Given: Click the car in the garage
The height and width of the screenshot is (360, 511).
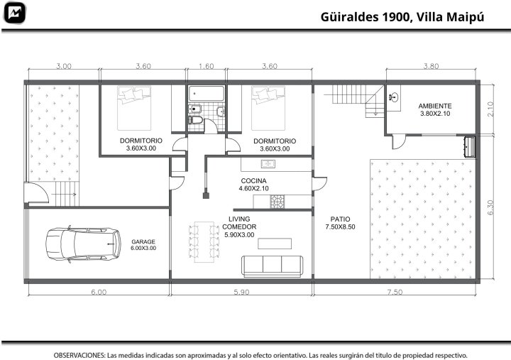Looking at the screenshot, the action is [83, 244].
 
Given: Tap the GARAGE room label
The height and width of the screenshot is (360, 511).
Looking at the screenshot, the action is [143, 241].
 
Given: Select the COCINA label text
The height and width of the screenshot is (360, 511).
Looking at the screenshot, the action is [253, 180].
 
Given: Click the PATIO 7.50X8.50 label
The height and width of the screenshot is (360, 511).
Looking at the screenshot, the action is [340, 223].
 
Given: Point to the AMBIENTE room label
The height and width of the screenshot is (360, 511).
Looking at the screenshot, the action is [435, 106].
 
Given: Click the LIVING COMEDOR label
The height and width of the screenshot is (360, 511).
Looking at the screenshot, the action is [239, 223].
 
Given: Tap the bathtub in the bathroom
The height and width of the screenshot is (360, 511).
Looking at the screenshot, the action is [207, 93].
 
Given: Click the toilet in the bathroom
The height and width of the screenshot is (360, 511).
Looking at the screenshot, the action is [196, 120].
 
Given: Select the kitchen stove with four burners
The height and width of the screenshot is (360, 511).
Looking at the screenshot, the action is [278, 202].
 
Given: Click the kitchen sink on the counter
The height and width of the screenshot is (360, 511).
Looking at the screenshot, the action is [268, 164].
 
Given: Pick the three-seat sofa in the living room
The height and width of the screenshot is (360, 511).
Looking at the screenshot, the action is [272, 266].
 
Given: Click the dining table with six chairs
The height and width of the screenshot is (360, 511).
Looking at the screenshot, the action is [204, 241].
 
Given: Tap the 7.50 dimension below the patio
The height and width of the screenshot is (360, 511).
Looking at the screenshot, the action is [395, 292].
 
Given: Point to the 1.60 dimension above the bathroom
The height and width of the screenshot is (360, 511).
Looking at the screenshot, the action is [207, 66].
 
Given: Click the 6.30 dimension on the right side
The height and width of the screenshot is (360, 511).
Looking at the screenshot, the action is [491, 207].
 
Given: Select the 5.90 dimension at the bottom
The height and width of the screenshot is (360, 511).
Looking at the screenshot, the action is [241, 292].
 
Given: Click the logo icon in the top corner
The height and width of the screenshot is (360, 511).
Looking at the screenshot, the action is [14, 13].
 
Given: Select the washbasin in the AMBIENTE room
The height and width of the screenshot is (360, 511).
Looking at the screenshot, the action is [394, 97].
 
